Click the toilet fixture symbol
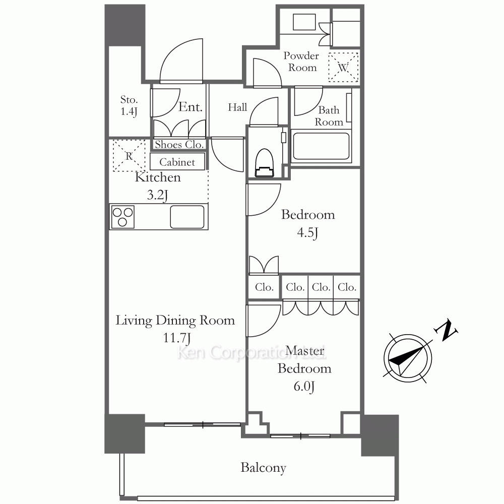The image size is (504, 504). pyautogui.click(x=265, y=163)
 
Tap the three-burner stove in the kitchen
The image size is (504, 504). pyautogui.click(x=122, y=217)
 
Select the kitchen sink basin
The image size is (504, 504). pyautogui.click(x=187, y=217)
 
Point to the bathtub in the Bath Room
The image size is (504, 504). pyautogui.click(x=321, y=146)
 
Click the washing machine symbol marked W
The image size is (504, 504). pyautogui.click(x=343, y=67)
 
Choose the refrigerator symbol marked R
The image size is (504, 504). pyautogui.click(x=129, y=156)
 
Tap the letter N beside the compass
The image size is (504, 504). pyautogui.click(x=446, y=330)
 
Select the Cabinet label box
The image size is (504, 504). pyautogui.click(x=177, y=162)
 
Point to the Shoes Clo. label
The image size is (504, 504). pyautogui.click(x=179, y=145)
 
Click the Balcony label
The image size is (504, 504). pyautogui.click(x=263, y=468)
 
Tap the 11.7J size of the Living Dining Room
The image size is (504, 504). pyautogui.click(x=177, y=338)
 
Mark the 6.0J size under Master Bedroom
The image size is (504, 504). pyautogui.click(x=304, y=386)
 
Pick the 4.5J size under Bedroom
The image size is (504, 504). pyautogui.click(x=307, y=232)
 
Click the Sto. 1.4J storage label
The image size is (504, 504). pyautogui.click(x=129, y=105)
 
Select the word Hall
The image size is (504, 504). pyautogui.click(x=237, y=107)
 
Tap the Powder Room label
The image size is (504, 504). pyautogui.click(x=301, y=61)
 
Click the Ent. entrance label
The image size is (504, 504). pyautogui.click(x=191, y=107)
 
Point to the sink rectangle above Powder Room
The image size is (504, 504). pyautogui.click(x=304, y=22)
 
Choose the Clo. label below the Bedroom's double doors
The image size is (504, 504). pyautogui.click(x=264, y=287)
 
